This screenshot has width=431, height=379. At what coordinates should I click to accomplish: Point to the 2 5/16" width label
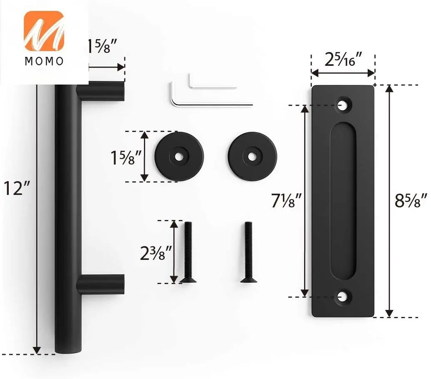pyautogui.click(x=343, y=59)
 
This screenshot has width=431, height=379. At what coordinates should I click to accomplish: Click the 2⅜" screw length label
pyautogui.click(x=156, y=253)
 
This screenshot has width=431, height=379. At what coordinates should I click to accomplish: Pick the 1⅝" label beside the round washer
pyautogui.click(x=126, y=157)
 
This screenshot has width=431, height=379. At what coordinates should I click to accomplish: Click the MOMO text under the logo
pyautogui.click(x=44, y=61)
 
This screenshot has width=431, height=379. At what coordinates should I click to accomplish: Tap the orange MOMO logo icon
pyautogui.click(x=44, y=31)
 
